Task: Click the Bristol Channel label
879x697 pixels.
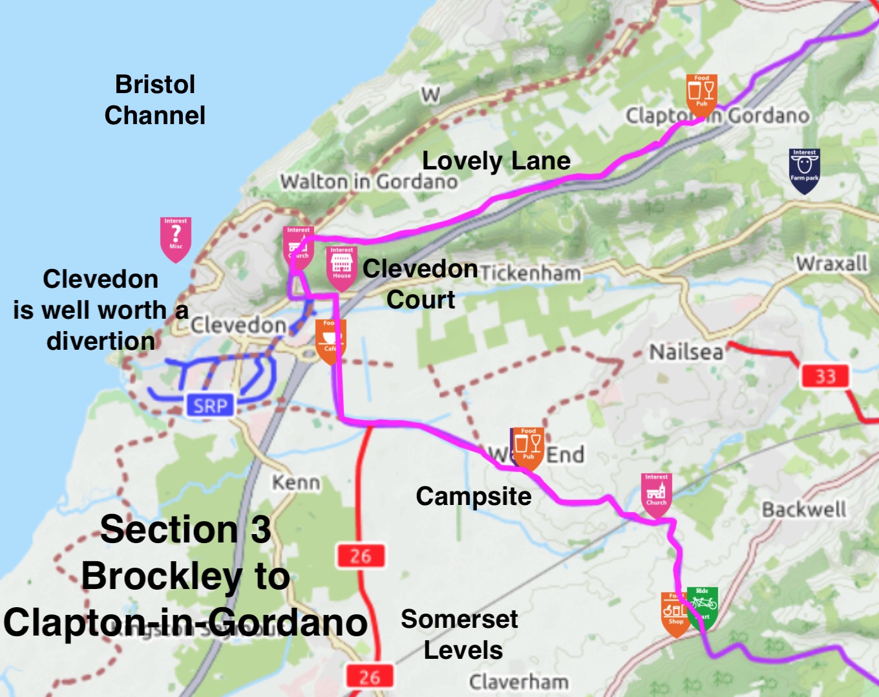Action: click(x=155, y=100)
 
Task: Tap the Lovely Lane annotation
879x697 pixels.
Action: click(x=496, y=160)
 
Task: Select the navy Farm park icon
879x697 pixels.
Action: click(x=804, y=170)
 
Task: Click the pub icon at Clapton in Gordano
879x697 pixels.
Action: click(x=701, y=94)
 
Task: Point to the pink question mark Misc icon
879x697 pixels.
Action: click(x=175, y=238)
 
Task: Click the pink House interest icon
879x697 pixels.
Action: click(x=341, y=266)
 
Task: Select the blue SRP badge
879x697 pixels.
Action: click(x=211, y=406)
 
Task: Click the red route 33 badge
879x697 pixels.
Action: click(x=825, y=376)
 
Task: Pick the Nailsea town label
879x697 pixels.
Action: click(x=686, y=352)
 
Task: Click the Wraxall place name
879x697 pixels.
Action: click(x=831, y=263)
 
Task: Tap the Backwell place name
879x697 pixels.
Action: click(x=803, y=509)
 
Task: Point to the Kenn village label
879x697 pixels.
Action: click(x=295, y=482)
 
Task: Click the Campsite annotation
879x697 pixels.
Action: click(x=473, y=496)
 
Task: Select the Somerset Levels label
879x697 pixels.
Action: click(x=460, y=634)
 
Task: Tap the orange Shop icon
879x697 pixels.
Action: click(x=674, y=613)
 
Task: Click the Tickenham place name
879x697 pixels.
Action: click(x=530, y=273)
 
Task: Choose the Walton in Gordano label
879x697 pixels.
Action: click(x=368, y=182)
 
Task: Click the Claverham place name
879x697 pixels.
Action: click(x=518, y=681)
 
